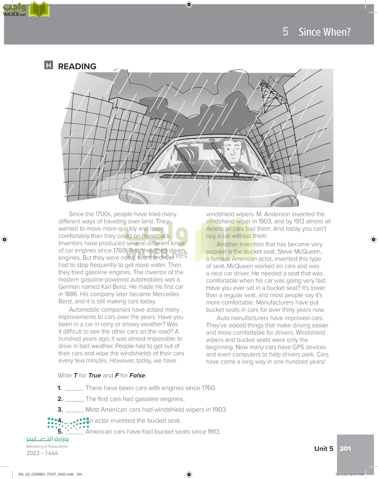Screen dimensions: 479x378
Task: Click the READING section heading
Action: click(77, 66)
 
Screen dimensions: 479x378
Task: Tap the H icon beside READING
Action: click(48, 65)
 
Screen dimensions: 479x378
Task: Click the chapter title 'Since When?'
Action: click(324, 32)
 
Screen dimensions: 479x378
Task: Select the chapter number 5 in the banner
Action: click(285, 32)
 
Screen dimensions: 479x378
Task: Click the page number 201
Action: click(345, 449)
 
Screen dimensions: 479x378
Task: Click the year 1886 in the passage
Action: click(71, 294)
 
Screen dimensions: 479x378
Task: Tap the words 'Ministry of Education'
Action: click(47, 446)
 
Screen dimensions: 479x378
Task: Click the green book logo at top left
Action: click(39, 10)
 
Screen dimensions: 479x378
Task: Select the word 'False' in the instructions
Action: click(138, 375)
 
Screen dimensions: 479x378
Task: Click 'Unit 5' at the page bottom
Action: click(323, 449)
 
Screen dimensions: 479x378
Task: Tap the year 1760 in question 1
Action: click(209, 388)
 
